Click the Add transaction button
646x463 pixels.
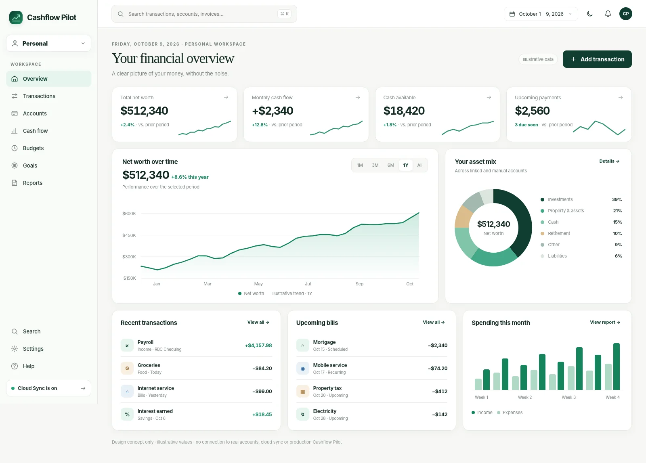[x=597, y=59]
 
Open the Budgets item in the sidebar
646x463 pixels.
[x=33, y=148]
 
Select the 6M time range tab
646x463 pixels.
[x=390, y=165]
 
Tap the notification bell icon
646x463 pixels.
[x=608, y=14]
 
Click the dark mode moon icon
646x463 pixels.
[x=590, y=14]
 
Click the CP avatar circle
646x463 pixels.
[x=625, y=14]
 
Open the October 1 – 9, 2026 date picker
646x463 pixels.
[x=541, y=14]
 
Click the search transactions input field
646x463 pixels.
[x=204, y=14]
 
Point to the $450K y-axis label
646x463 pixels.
[x=129, y=235]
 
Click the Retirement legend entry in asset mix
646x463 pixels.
[x=559, y=233]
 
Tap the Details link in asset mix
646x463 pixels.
[x=609, y=161]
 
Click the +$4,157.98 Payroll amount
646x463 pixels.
[x=258, y=346]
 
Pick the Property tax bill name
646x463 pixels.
[x=327, y=388]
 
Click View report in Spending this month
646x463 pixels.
[x=605, y=322]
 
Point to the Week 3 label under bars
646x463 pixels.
[x=568, y=397]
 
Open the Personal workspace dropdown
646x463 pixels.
[x=48, y=43]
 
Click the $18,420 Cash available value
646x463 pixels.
[x=404, y=111]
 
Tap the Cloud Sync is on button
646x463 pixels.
[x=48, y=388]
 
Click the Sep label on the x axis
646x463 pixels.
[x=359, y=284]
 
